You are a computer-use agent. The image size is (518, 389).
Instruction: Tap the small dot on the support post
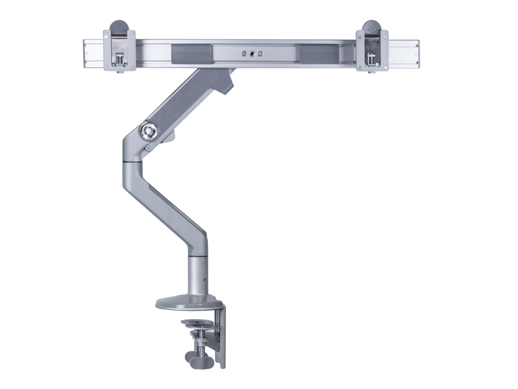[x=203, y=281]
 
